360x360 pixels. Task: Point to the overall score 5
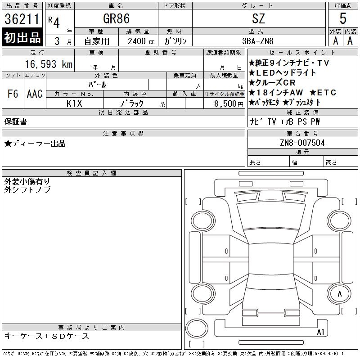pyautogui.click(x=343, y=19)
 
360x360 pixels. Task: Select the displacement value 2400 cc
pyautogui.click(x=140, y=41)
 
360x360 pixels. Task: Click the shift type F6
pyautogui.click(x=13, y=94)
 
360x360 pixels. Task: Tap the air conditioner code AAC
pyautogui.click(x=35, y=94)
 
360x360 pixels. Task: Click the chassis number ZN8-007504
pyautogui.click(x=302, y=143)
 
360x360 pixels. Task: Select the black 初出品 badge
pyautogui.click(x=22, y=37)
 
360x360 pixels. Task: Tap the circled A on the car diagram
pyautogui.click(x=340, y=293)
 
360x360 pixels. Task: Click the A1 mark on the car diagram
pyautogui.click(x=320, y=332)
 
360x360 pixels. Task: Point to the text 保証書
pyautogui.click(x=16, y=121)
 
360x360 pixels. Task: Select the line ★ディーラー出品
pyautogui.click(x=35, y=144)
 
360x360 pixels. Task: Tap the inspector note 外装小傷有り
pyautogui.click(x=27, y=181)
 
